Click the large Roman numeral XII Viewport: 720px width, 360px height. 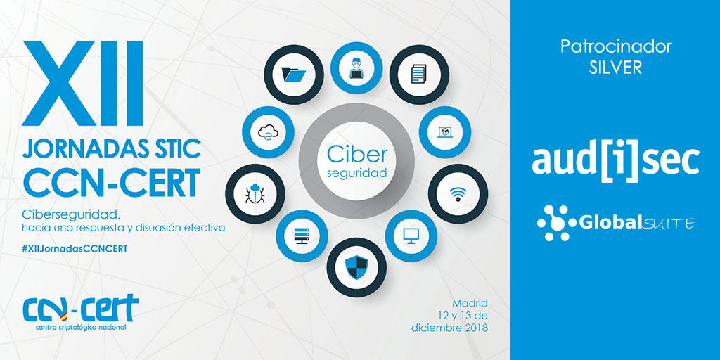click(x=83, y=84)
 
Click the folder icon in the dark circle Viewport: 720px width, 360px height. click(x=294, y=75)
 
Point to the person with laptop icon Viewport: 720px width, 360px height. click(x=356, y=68)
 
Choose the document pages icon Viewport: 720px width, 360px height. click(x=419, y=74)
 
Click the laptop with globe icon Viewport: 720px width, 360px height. click(x=445, y=132)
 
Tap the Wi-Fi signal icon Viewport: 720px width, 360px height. click(x=458, y=194)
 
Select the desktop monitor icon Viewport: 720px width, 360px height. click(x=411, y=236)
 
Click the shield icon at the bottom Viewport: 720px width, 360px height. click(x=356, y=268)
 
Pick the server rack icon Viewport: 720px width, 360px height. click(x=302, y=236)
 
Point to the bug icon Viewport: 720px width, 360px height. click(x=255, y=194)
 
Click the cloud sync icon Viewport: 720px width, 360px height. click(x=268, y=132)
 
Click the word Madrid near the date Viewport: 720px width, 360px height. click(x=470, y=304)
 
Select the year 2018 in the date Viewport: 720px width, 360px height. click(x=475, y=328)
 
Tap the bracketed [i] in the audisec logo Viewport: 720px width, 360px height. click(x=615, y=162)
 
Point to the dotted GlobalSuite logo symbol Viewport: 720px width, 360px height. click(x=556, y=223)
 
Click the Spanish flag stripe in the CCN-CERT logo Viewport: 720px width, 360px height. click(x=64, y=314)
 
